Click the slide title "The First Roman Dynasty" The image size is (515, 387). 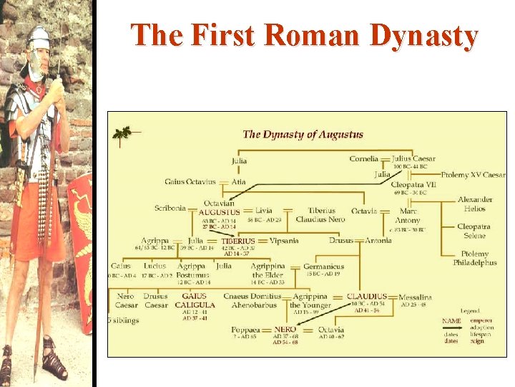pyautogui.click(x=304, y=36)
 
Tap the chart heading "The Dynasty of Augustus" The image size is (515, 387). pyautogui.click(x=303, y=134)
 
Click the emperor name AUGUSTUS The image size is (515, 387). pyautogui.click(x=219, y=212)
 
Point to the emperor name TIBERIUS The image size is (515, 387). pyautogui.click(x=238, y=241)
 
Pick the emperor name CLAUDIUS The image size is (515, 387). pyautogui.click(x=367, y=296)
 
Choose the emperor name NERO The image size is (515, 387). pyautogui.click(x=285, y=330)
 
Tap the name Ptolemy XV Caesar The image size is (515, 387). pyautogui.click(x=473, y=174)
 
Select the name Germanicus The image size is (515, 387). pyautogui.click(x=323, y=267)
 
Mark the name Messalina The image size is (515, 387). pyautogui.click(x=416, y=297)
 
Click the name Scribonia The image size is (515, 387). pyautogui.click(x=170, y=209)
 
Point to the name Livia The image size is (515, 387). pyautogui.click(x=263, y=211)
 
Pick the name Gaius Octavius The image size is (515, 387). pyautogui.click(x=190, y=182)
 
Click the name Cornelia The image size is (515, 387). pyautogui.click(x=364, y=158)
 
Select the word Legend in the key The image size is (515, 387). pyautogui.click(x=470, y=310)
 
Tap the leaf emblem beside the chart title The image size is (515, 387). pyautogui.click(x=122, y=132)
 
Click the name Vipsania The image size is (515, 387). pyautogui.click(x=285, y=241)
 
